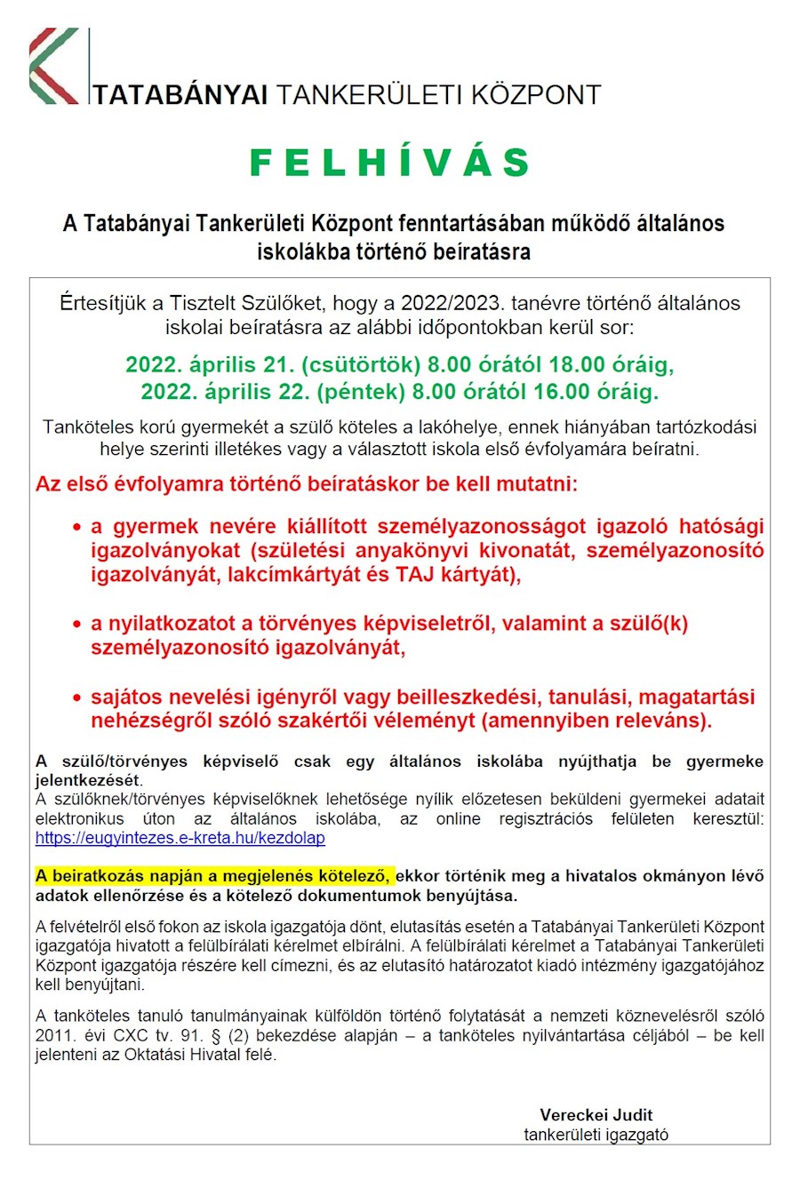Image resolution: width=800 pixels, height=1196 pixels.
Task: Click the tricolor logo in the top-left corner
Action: (x=53, y=67)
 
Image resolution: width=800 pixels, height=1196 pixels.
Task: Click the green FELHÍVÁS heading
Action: (x=390, y=163)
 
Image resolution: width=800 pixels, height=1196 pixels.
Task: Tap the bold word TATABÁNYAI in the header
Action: (x=180, y=95)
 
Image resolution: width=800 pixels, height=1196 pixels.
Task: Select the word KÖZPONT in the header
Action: (x=535, y=95)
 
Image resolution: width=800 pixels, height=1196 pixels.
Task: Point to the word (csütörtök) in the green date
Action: (x=361, y=364)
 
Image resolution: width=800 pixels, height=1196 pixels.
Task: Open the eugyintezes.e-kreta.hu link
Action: (x=180, y=838)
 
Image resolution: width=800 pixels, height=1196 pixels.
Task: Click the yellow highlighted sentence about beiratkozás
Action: (x=213, y=876)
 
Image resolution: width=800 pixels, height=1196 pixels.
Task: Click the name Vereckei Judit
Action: (x=596, y=1114)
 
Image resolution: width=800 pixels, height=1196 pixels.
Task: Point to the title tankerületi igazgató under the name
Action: (x=596, y=1135)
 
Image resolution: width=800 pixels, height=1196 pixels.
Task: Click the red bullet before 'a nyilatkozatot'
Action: (x=77, y=624)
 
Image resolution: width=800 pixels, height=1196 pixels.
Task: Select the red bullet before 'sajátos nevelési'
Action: (x=77, y=698)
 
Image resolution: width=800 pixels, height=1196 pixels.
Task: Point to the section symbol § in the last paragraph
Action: (x=215, y=1035)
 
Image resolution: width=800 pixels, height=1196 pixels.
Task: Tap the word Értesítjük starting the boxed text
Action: (x=105, y=303)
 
